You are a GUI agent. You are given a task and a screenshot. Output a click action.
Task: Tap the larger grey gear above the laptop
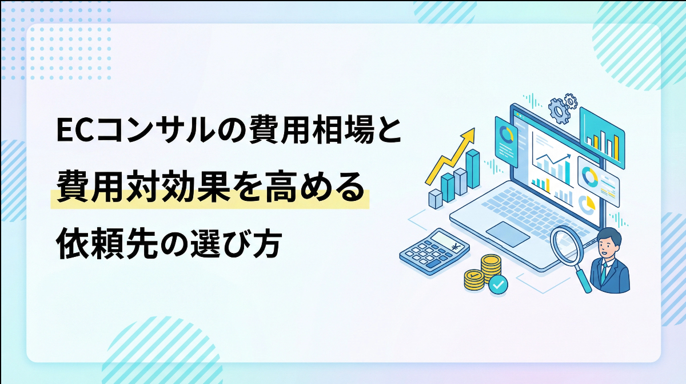coord(557,108)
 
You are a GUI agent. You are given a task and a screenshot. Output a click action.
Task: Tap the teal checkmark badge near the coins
coord(498,284)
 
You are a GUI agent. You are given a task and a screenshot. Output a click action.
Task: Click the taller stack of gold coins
coord(490,267)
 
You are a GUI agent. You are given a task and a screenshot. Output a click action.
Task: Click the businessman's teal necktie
coord(604,272)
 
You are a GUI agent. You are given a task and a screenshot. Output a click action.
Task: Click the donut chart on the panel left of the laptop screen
coord(505,133)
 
